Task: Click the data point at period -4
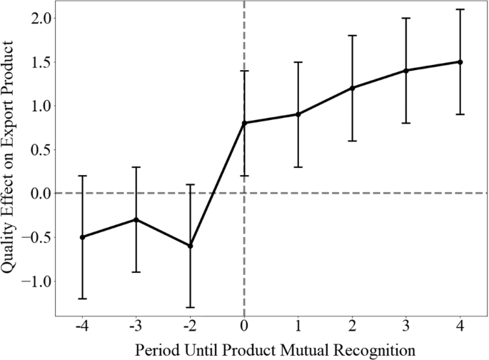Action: tap(82, 237)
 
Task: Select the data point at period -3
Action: tap(136, 219)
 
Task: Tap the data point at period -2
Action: tap(190, 246)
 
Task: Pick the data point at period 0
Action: tap(244, 123)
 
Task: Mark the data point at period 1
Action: tap(298, 114)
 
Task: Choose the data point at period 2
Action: tap(352, 88)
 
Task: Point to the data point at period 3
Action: tap(406, 71)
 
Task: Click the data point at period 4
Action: tap(460, 62)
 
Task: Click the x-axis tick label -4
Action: tap(82, 326)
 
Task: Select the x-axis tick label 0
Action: tap(244, 326)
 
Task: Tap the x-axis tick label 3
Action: tap(406, 326)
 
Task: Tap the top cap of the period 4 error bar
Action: tap(460, 9)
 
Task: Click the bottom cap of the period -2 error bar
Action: tap(190, 307)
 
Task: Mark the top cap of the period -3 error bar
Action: tap(136, 167)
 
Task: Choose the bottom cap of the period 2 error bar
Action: tap(352, 141)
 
